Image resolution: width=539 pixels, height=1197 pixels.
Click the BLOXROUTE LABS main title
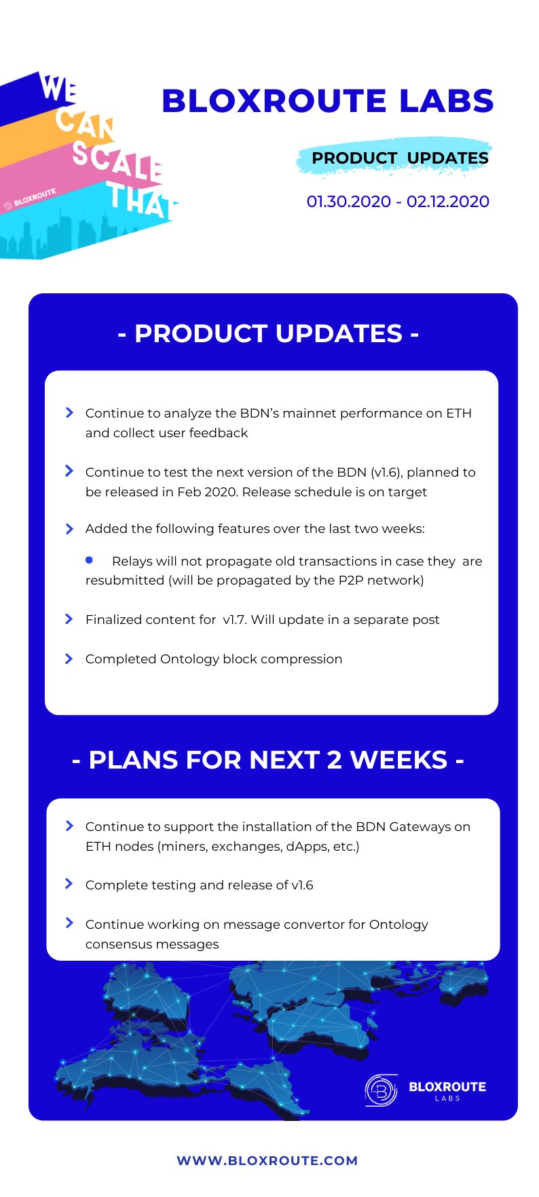pyautogui.click(x=327, y=101)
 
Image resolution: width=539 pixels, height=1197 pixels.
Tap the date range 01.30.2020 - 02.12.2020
pyautogui.click(x=398, y=202)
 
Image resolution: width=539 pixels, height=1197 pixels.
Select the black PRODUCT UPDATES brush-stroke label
pyautogui.click(x=400, y=158)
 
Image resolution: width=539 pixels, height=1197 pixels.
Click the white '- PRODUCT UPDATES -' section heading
pyautogui.click(x=269, y=333)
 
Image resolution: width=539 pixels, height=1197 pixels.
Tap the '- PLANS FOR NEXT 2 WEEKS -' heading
pyautogui.click(x=268, y=760)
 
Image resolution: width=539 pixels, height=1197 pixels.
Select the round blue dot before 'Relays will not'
pyautogui.click(x=89, y=560)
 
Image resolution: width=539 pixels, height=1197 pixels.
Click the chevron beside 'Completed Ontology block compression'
pyautogui.click(x=69, y=659)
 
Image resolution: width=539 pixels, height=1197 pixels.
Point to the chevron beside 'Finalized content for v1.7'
pyautogui.click(x=69, y=619)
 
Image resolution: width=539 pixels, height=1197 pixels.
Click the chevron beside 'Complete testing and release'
pyautogui.click(x=69, y=884)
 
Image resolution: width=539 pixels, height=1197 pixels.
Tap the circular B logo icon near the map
pyautogui.click(x=381, y=1090)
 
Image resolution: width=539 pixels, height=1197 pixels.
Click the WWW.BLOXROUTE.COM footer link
pyautogui.click(x=267, y=1160)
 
